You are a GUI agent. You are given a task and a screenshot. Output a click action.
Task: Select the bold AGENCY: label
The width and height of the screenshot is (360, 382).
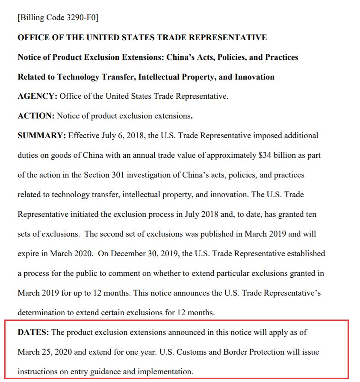coord(37,96)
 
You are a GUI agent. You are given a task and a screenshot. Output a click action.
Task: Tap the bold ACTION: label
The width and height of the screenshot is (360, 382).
coord(36,115)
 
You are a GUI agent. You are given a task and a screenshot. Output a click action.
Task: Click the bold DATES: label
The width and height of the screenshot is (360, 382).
coord(33,332)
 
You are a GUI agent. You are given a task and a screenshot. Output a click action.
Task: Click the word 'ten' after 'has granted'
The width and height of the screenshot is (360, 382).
coord(310,214)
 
